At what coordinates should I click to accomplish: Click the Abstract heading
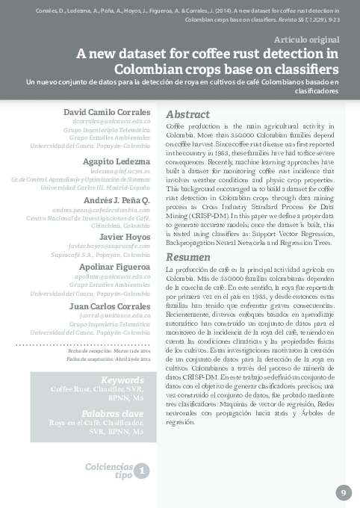point(187,115)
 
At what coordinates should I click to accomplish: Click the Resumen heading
point(187,257)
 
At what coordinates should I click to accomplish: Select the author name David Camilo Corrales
point(107,111)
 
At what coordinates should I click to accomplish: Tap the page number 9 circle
point(344,492)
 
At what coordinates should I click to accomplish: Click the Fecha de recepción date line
point(109,350)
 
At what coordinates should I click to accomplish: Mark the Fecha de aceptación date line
point(109,359)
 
